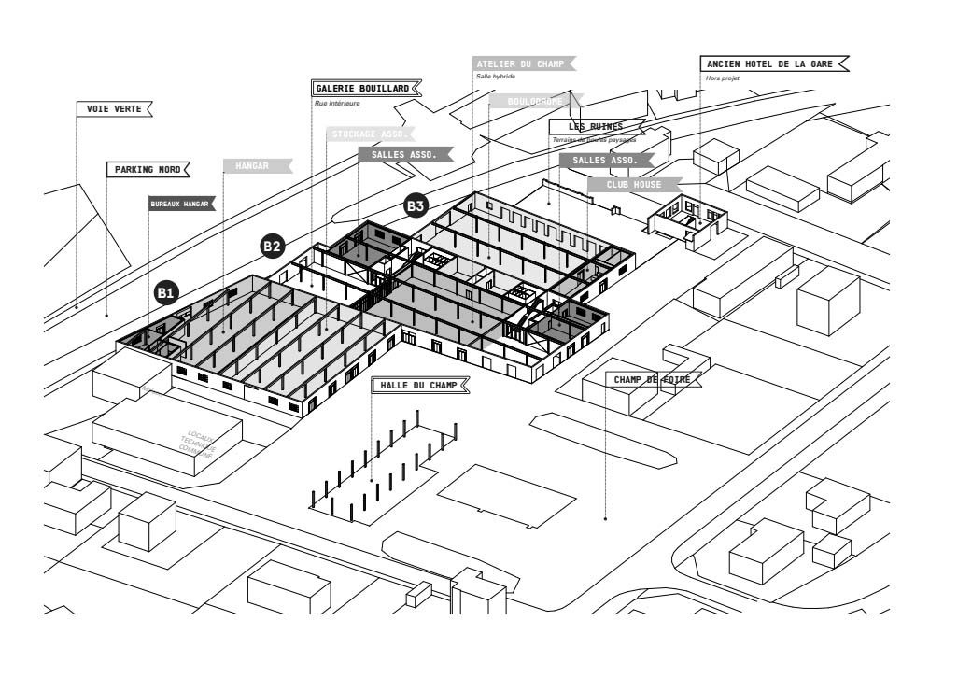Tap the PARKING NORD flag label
(x=148, y=170)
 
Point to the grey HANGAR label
(x=253, y=166)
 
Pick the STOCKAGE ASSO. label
(x=370, y=134)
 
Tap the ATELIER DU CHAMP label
(x=518, y=63)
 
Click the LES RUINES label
(x=595, y=126)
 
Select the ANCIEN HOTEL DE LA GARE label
(x=771, y=64)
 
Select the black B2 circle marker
(x=272, y=247)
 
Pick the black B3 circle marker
(x=416, y=205)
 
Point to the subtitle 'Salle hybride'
(x=495, y=77)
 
